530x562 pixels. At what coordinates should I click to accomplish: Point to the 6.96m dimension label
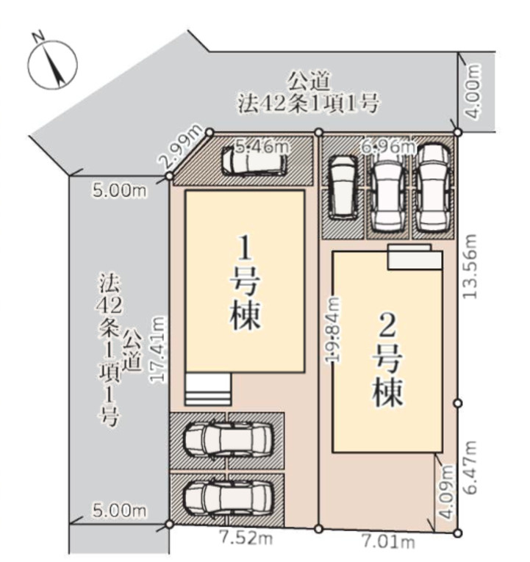[387, 146]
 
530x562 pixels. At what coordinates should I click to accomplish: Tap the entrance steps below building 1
[209, 389]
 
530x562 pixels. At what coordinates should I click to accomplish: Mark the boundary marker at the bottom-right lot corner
[457, 531]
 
